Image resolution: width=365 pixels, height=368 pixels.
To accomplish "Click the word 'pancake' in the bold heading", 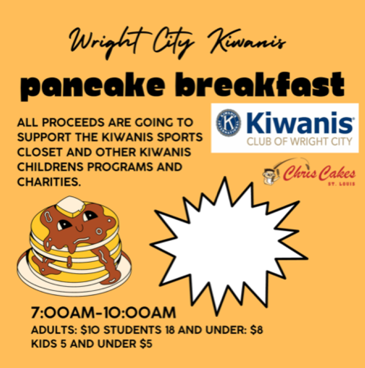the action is tap(93, 86).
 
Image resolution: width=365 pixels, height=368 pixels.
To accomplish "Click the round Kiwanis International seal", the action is tap(228, 123).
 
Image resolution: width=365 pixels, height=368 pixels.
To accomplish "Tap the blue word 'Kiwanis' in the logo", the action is tap(300, 122).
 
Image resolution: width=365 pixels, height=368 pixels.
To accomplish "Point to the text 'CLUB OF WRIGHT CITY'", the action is tap(300, 142).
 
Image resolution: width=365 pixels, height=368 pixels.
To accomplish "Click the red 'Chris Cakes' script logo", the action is tap(319, 173).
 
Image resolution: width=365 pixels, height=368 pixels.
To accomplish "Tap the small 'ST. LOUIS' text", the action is tap(341, 184).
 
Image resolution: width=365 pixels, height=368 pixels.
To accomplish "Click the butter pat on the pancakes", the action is tap(71, 206).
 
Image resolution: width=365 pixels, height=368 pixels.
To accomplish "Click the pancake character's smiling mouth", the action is tap(80, 228).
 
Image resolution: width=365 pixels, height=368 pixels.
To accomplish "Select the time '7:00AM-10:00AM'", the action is tap(103, 313).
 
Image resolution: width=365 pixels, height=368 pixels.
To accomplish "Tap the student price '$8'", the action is tap(256, 330).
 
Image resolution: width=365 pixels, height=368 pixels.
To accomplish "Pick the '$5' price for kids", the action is tap(146, 344).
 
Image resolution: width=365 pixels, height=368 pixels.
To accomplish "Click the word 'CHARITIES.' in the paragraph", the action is tap(49, 182).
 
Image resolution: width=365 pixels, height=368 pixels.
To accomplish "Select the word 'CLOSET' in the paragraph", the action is tap(40, 152).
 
